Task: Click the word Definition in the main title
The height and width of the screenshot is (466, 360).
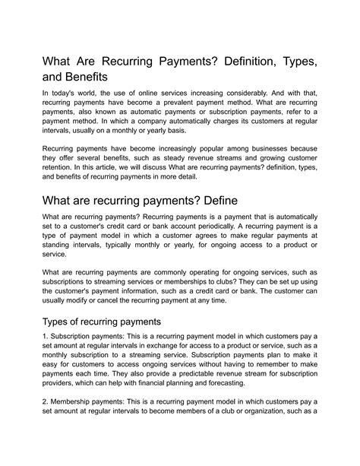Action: pos(246,59)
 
